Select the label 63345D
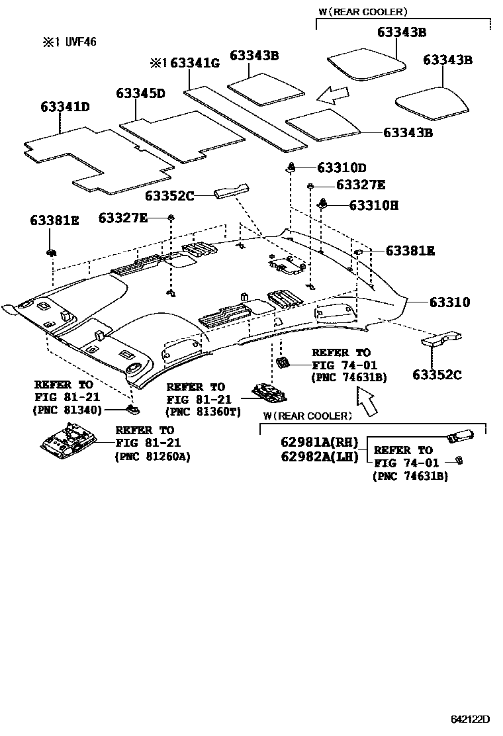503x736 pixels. pyautogui.click(x=140, y=93)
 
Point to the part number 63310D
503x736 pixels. pyautogui.click(x=341, y=168)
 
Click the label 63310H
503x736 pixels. pyautogui.click(x=373, y=205)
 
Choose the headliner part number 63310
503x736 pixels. pyautogui.click(x=449, y=302)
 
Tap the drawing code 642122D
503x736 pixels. pyautogui.click(x=470, y=719)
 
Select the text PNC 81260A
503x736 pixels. pyautogui.click(x=152, y=456)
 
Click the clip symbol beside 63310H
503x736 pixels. pyautogui.click(x=324, y=203)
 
